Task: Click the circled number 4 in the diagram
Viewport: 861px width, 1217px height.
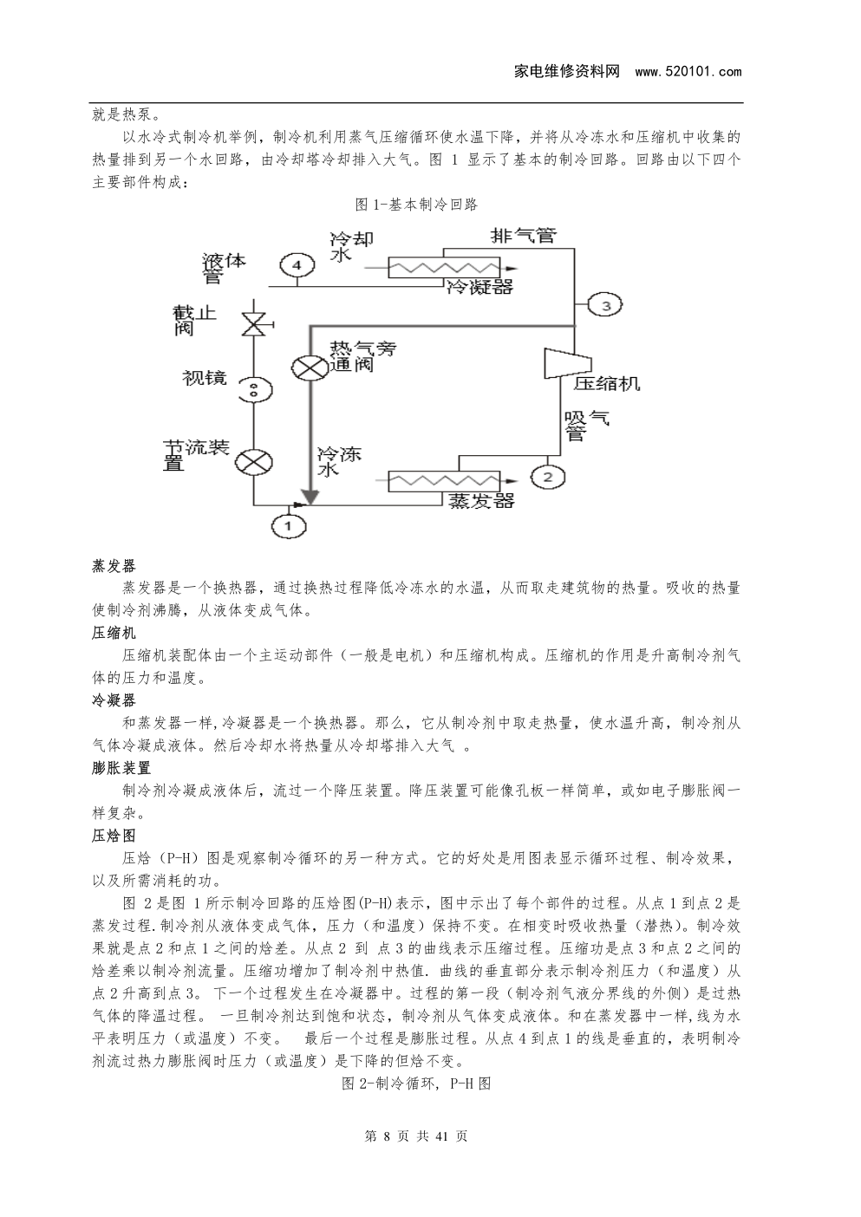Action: coord(297,265)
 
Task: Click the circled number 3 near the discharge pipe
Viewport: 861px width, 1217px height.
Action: coord(605,305)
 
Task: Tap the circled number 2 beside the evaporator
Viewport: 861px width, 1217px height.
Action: coord(547,477)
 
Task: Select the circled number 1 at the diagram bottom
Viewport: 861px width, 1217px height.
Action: coord(288,525)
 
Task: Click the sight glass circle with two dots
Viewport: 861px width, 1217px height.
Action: coord(254,389)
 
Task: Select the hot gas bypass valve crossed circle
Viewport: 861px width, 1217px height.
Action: coord(310,367)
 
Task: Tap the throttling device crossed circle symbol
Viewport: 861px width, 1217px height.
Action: coord(254,462)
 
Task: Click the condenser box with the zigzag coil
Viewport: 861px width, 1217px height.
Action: coord(444,267)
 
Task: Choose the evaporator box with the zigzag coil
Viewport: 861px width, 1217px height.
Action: coord(444,481)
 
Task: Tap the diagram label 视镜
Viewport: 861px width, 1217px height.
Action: coord(205,377)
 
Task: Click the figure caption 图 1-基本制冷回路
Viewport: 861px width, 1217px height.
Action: coord(416,205)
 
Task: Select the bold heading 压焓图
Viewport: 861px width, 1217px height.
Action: coord(114,836)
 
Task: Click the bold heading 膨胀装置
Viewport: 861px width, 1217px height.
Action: coord(121,768)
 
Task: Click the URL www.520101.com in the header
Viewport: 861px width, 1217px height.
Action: coord(688,71)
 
